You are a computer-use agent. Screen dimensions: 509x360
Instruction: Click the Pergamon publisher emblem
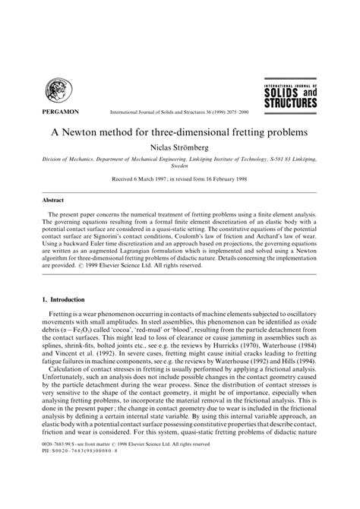click(x=58, y=92)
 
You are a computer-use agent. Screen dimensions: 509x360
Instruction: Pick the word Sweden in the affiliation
click(x=180, y=171)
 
